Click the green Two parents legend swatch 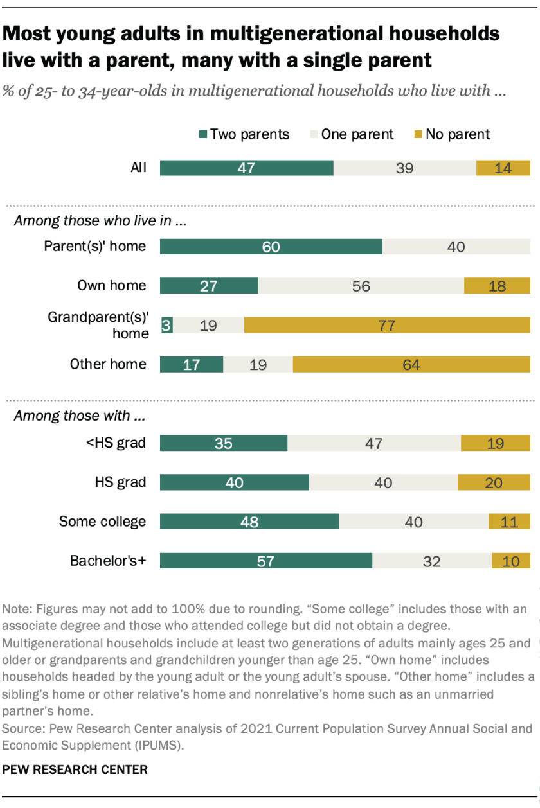tap(204, 135)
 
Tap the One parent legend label tap(357, 134)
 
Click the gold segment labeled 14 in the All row tap(503, 168)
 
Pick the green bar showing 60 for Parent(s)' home tap(271, 247)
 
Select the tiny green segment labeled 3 tap(166, 325)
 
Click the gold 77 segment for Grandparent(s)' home tap(386, 325)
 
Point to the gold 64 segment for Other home tap(411, 364)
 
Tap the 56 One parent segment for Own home tap(361, 286)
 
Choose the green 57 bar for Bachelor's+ tap(265, 561)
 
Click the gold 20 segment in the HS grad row tap(493, 482)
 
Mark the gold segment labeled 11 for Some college tap(509, 522)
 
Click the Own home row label tap(112, 286)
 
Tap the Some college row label tap(103, 522)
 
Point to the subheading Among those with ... tap(79, 416)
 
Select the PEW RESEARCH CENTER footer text tap(76, 769)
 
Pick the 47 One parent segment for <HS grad tap(373, 443)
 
